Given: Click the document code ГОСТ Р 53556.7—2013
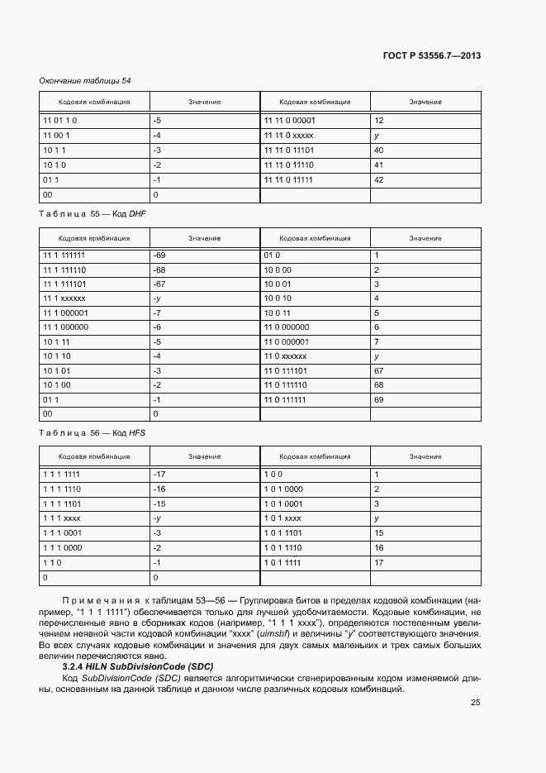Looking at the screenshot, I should click(432, 55).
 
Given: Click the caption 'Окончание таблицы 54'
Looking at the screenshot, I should click(85, 80).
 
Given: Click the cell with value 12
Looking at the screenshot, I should click(379, 121).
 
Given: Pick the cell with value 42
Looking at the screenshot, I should click(379, 180).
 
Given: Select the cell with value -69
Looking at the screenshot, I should click(160, 255).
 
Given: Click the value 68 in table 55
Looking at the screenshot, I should click(379, 384).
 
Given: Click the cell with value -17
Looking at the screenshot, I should click(160, 475).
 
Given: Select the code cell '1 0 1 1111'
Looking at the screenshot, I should click(282, 562).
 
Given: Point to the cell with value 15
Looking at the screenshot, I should click(379, 533).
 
